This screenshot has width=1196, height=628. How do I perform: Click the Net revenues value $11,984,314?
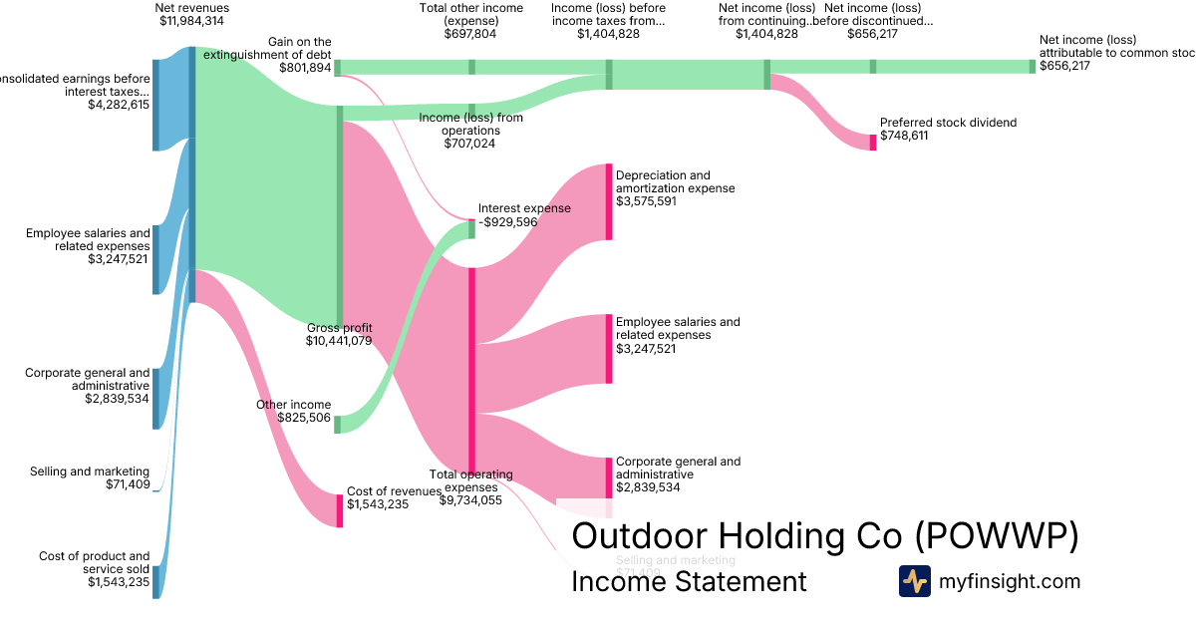192,21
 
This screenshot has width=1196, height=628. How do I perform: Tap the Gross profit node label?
339,328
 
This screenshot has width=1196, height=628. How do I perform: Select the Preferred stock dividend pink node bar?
873,142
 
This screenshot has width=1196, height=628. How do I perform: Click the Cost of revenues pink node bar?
339,510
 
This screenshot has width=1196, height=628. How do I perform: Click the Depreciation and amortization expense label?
675,182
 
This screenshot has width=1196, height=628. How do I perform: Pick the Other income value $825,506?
304,418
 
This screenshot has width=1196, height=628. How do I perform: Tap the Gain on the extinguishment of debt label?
267,48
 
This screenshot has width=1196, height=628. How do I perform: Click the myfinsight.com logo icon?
914,581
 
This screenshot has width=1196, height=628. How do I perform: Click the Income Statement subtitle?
689,581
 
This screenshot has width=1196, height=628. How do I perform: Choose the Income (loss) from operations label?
470,124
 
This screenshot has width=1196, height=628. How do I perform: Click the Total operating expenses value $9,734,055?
470,500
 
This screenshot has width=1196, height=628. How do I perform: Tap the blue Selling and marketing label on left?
90,471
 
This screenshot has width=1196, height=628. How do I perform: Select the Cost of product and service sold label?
95,562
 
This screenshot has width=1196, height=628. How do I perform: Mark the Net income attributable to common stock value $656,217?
1064,66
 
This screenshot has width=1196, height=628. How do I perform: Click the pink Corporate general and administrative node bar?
610,477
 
